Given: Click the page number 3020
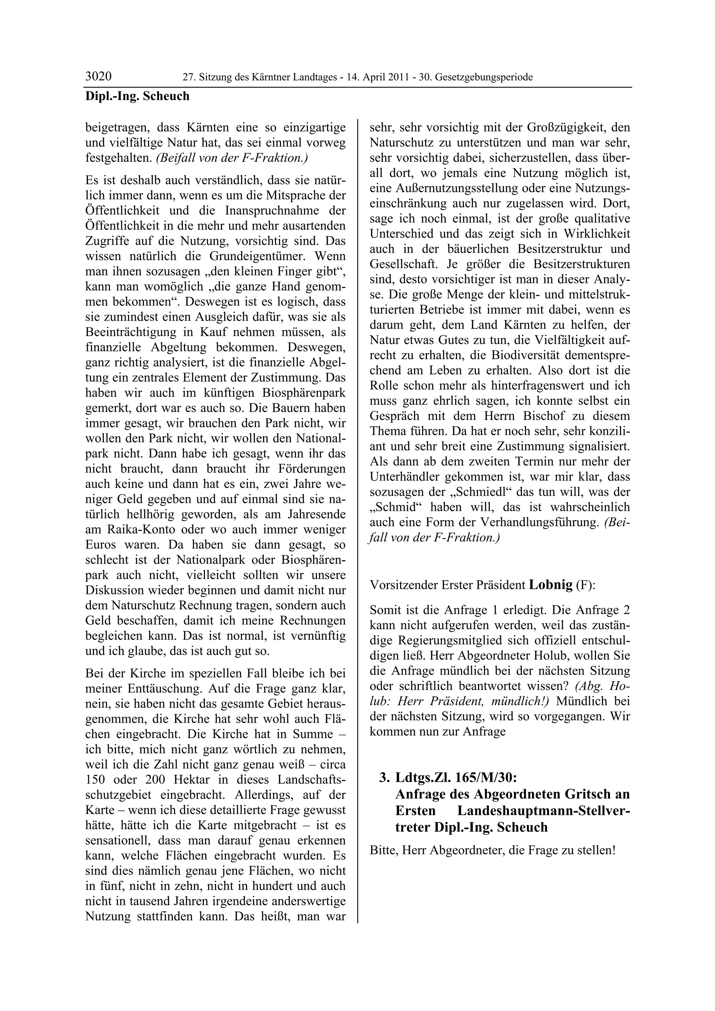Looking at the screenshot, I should pyautogui.click(x=98, y=77).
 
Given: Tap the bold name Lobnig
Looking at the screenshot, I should pyautogui.click(x=551, y=585).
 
